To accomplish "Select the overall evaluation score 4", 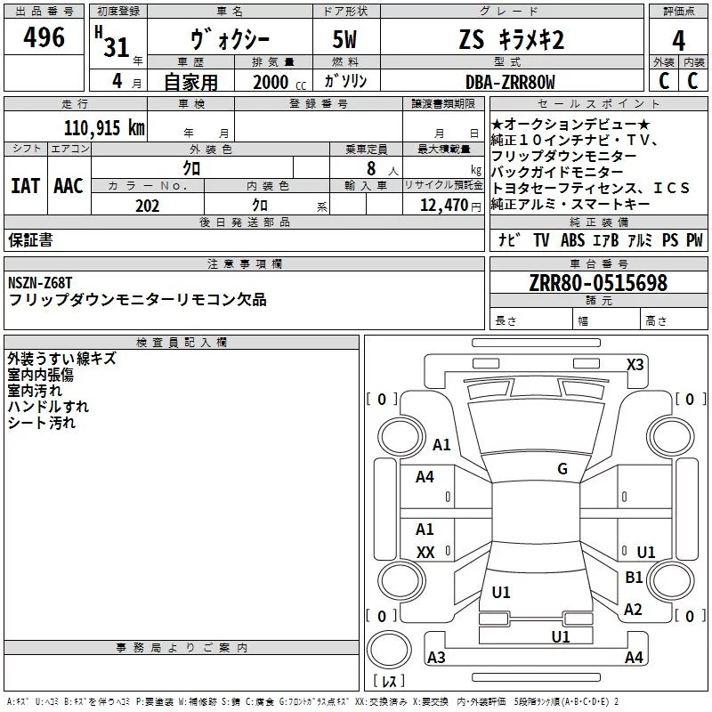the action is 679,41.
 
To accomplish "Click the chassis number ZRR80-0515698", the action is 598,284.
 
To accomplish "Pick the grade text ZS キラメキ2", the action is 511,41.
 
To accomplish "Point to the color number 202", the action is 147,206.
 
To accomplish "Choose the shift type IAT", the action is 25,186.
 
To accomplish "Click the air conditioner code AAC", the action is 68,186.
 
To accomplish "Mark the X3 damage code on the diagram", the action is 635,364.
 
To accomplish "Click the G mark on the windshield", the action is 562,469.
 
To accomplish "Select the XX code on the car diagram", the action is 425,553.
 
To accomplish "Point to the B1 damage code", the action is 634,578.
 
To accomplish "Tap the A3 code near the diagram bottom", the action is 436,658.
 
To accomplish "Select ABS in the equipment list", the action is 572,240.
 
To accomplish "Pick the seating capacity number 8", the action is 369,167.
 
